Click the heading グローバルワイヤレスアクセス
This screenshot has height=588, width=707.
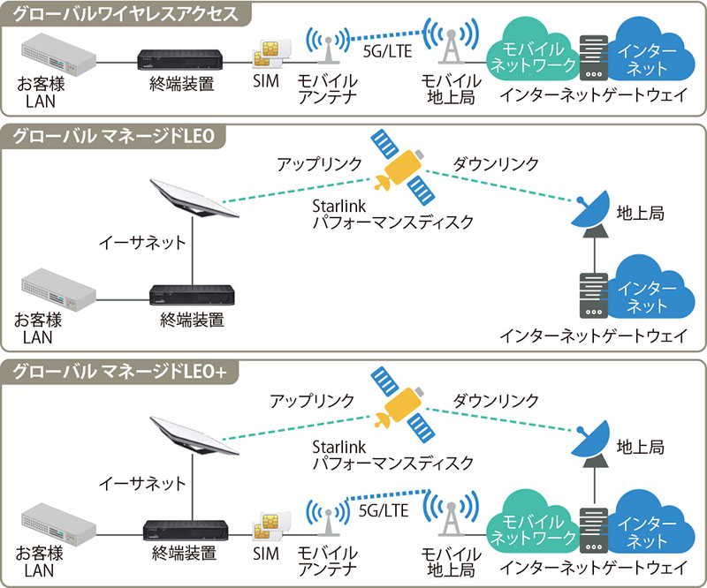point(124,14)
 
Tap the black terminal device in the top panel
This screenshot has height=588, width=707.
point(185,60)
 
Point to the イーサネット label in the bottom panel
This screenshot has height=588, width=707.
point(142,482)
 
